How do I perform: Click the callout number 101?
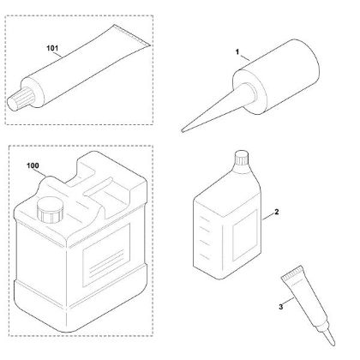pos(52,48)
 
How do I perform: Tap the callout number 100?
pos(33,165)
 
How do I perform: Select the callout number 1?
pos(237,51)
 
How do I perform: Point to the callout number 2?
pos(276,212)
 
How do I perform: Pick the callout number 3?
pos(281,307)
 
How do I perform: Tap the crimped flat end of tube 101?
pos(131,35)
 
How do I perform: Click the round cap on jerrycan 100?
pos(50,209)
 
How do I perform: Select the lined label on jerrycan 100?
pos(106,255)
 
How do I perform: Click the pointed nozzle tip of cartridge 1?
pos(183,131)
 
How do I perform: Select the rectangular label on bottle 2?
pos(245,235)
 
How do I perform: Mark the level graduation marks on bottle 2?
pos(203,236)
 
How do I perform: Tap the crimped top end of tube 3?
pos(292,272)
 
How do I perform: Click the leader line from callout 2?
pos(267,217)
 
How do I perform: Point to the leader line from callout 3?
pos(289,302)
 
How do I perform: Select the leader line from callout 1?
pos(244,57)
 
